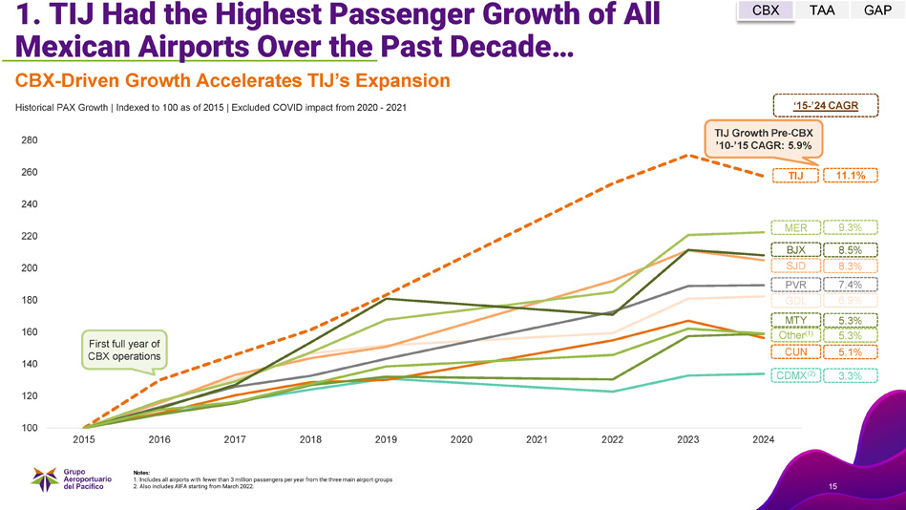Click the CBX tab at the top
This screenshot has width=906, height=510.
coord(766,11)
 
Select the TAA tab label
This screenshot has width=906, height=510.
coord(821,11)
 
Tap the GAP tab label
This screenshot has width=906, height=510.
coord(876,11)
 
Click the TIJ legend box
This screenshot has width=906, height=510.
coord(795,176)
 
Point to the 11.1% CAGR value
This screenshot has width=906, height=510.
coord(850,176)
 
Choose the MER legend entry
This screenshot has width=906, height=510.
coord(796,228)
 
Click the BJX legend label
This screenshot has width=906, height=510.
coord(796,250)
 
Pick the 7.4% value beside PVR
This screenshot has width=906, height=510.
coord(850,285)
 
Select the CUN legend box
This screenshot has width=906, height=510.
coord(796,352)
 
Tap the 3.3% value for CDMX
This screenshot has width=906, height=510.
coord(850,376)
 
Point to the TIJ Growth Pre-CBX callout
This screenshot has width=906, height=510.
coord(763,138)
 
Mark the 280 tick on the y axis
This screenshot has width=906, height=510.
coord(29,140)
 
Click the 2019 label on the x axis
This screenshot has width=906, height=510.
coord(386,439)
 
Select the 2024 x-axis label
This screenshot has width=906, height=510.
coord(763,439)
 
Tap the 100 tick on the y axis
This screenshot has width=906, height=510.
coord(29,427)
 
